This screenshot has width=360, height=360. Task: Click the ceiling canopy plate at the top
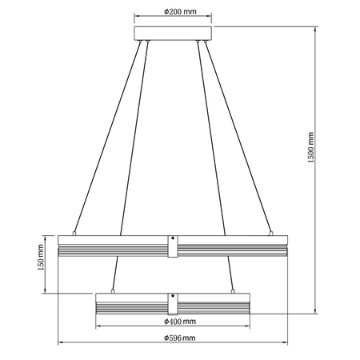pos(174,33)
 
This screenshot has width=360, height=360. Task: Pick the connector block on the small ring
pos(173,303)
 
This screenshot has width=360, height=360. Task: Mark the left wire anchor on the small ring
pos(116,290)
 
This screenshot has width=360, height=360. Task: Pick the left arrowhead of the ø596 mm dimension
pos(62,345)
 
